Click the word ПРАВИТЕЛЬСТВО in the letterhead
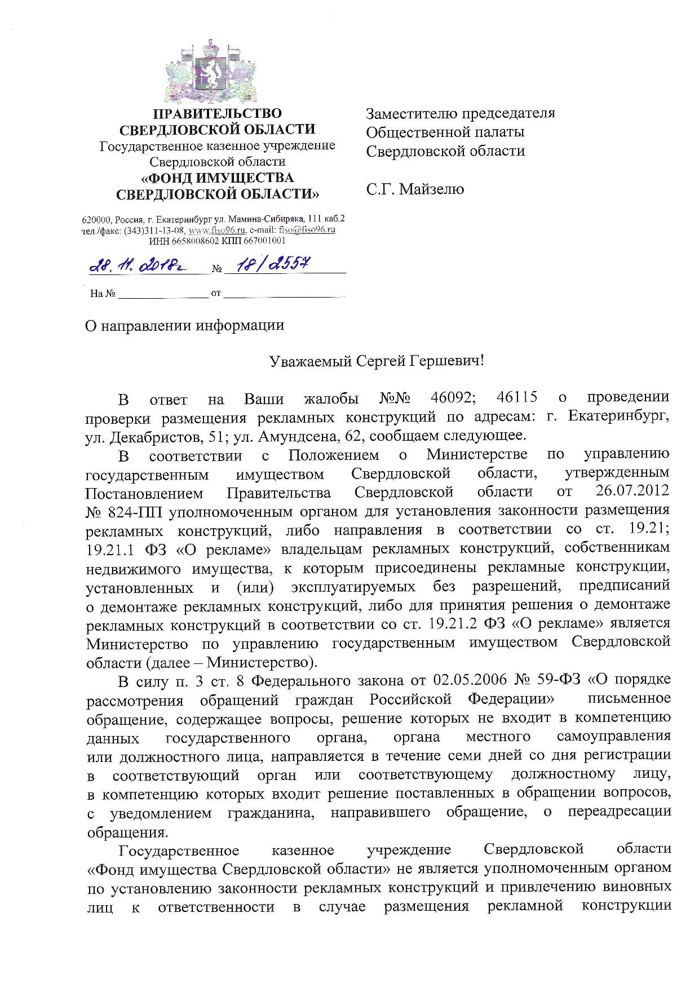coord(218,114)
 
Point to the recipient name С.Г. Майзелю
coord(415,189)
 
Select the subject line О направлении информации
coord(184,326)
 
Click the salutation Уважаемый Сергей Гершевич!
coord(376,361)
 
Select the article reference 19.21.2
coord(454,624)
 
